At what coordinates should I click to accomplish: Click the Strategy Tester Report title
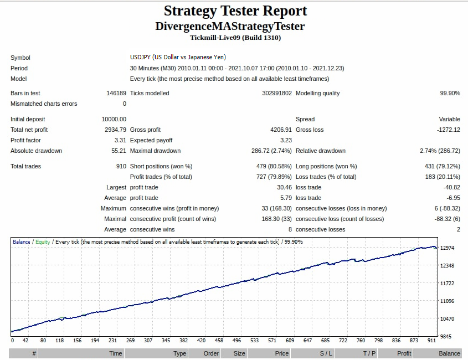pyautogui.click(x=235, y=11)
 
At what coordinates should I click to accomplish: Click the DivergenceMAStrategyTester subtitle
pyautogui.click(x=230, y=26)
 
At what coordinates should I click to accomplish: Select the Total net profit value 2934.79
pyautogui.click(x=115, y=130)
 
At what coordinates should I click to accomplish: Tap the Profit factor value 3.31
pyautogui.click(x=120, y=140)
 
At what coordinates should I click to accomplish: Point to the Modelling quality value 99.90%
pyautogui.click(x=450, y=93)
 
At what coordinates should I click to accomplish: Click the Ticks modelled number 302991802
pyautogui.click(x=277, y=93)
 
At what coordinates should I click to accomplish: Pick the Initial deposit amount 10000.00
pyautogui.click(x=114, y=119)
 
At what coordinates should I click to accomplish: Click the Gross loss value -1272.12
pyautogui.click(x=448, y=130)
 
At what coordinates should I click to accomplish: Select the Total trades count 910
pyautogui.click(x=121, y=166)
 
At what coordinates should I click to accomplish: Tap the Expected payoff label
pyautogui.click(x=151, y=140)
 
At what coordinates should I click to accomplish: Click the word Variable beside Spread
pyautogui.click(x=449, y=119)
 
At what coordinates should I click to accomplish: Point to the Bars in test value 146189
pyautogui.click(x=116, y=93)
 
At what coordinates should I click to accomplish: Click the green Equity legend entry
pyautogui.click(x=43, y=242)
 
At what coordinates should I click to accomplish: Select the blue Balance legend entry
pyautogui.click(x=22, y=242)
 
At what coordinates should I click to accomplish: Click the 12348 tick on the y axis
pyautogui.click(x=447, y=266)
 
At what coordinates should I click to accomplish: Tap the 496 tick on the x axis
pyautogui.click(x=236, y=340)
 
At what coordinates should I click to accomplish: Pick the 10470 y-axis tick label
pyautogui.click(x=447, y=319)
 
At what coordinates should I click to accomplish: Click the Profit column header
pyautogui.click(x=404, y=353)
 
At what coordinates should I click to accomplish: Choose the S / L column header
pyautogui.click(x=326, y=353)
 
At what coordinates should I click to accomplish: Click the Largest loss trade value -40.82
pyautogui.click(x=451, y=187)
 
